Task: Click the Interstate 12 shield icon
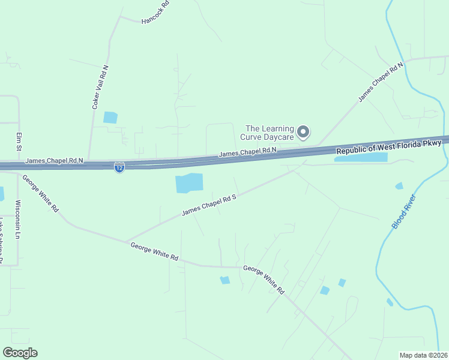coord(119,169)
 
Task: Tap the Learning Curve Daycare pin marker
coord(304,131)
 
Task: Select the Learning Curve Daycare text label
coord(270,133)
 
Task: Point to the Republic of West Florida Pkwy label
coord(388,146)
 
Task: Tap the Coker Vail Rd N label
coord(100,88)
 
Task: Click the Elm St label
coord(19,142)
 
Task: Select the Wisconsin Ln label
coord(18,220)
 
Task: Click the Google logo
coord(20,352)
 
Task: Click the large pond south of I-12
coord(189,183)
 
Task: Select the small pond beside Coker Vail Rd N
coord(110,118)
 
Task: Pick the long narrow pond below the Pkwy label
coord(360,158)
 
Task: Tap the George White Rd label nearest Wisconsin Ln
coord(41,193)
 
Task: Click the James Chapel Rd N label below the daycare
coord(247,153)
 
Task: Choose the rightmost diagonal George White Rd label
coord(264,280)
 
